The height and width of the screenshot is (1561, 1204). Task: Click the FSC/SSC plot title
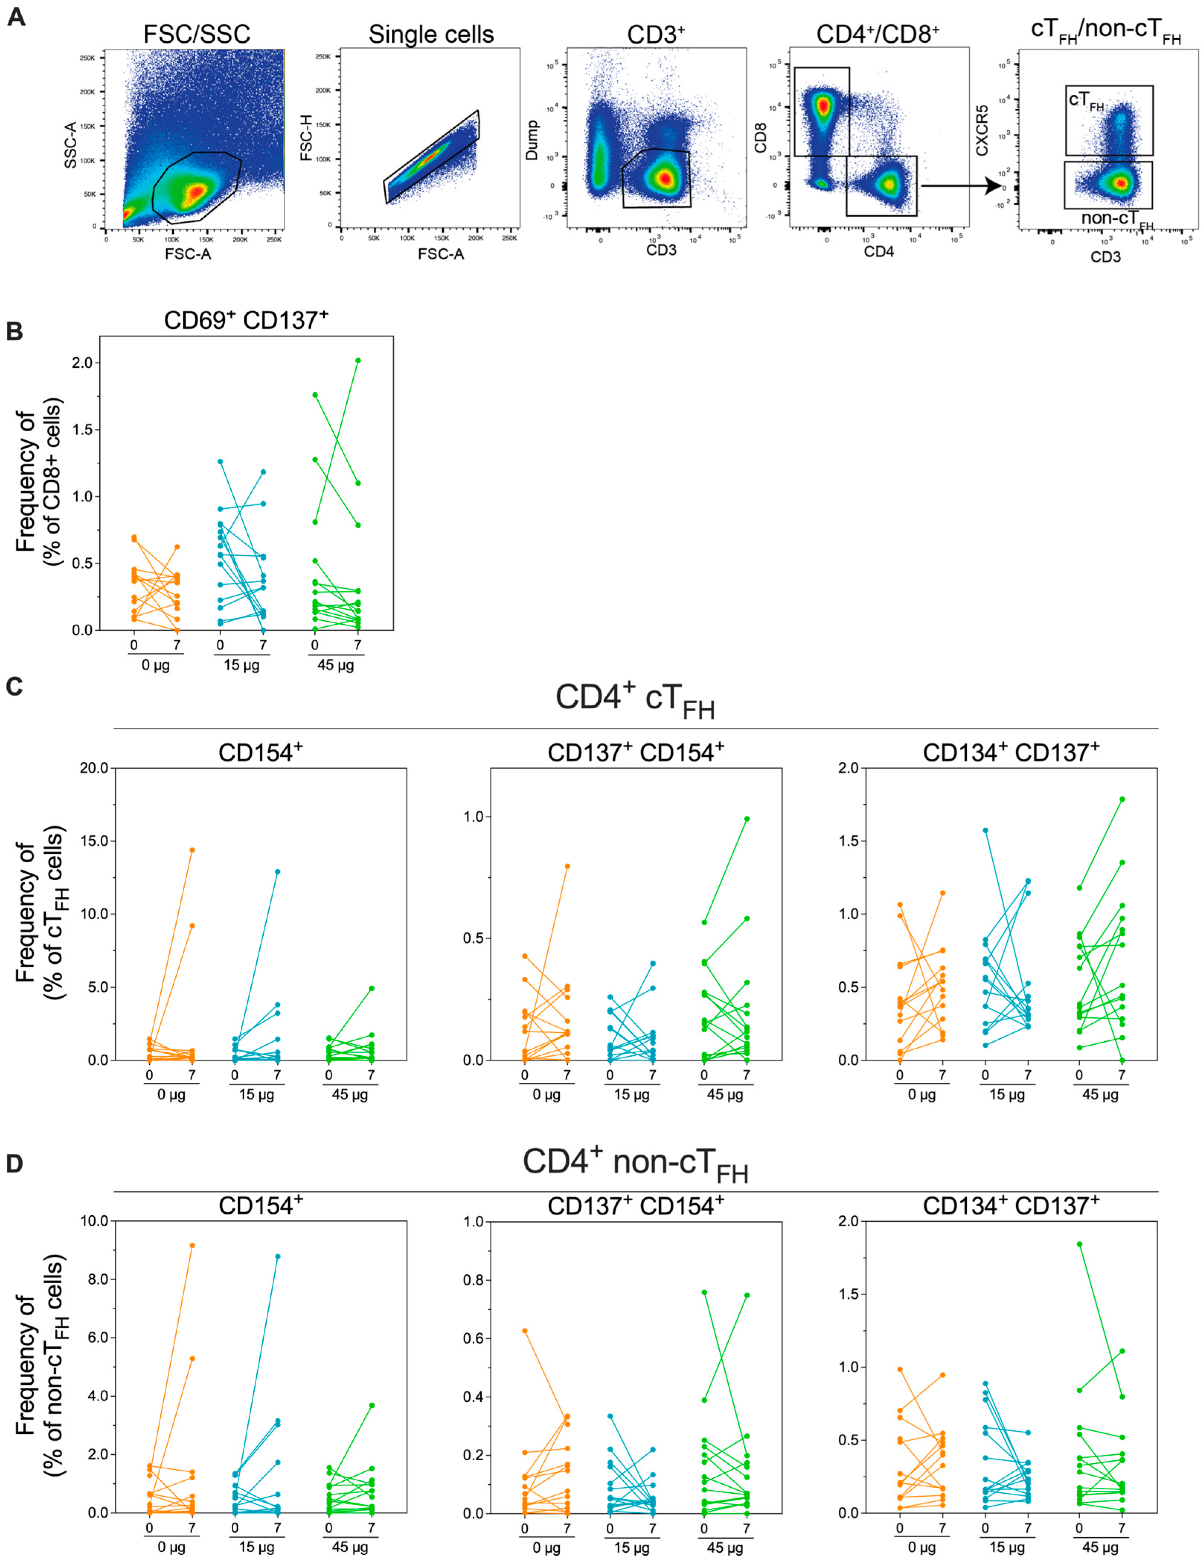click(197, 34)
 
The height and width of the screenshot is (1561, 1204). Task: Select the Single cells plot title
click(431, 34)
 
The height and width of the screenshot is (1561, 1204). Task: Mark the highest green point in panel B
click(358, 360)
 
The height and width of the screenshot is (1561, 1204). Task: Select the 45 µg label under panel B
click(335, 666)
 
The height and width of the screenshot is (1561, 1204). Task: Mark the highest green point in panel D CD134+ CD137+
click(1080, 1244)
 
